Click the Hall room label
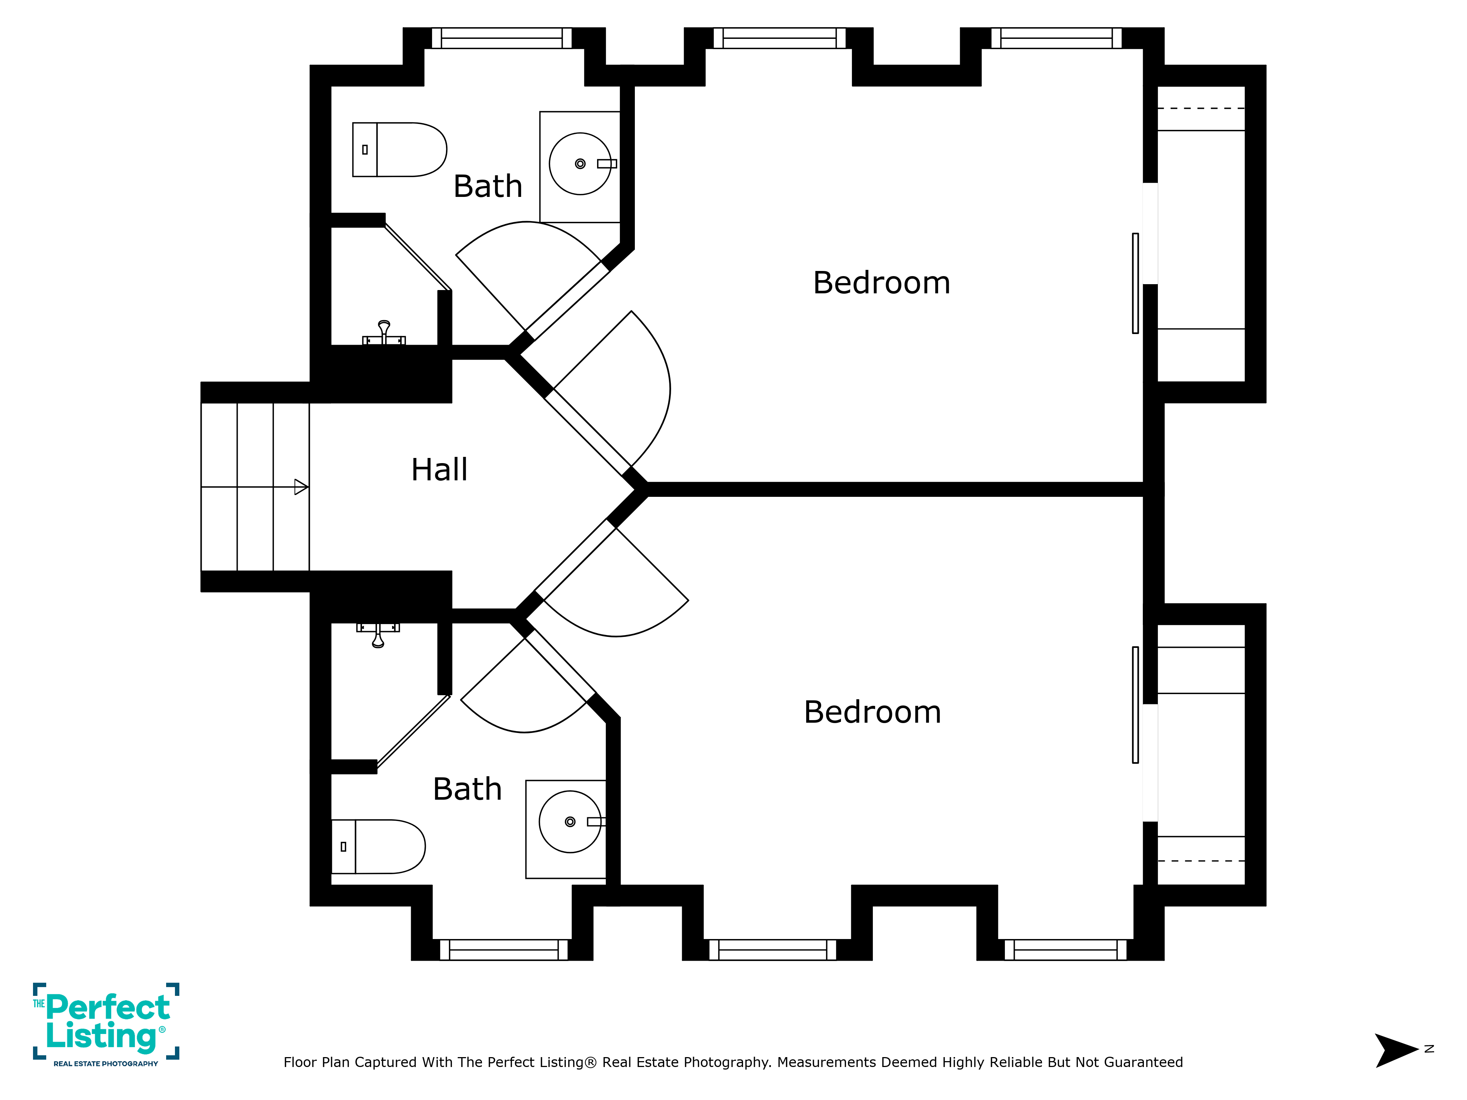(439, 469)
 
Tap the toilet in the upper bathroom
(399, 149)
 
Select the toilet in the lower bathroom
(378, 847)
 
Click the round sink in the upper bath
(580, 164)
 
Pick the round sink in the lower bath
(570, 822)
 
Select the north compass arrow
(1396, 1050)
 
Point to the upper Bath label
(488, 186)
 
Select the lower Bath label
(468, 789)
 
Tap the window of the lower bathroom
(504, 950)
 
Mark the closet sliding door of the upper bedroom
(1135, 283)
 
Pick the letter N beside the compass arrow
(1429, 1049)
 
